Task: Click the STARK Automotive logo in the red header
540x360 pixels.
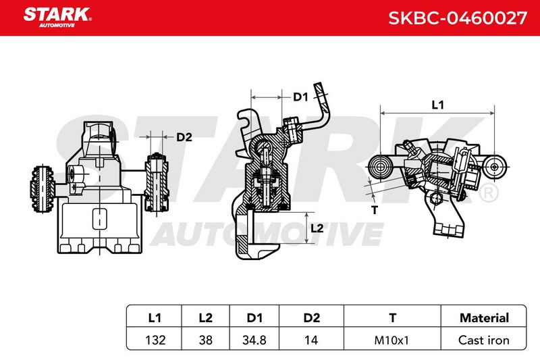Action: tap(57, 18)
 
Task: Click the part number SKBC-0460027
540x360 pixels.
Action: tap(458, 18)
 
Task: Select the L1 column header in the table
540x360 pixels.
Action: tap(155, 317)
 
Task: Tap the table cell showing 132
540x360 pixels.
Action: tap(155, 340)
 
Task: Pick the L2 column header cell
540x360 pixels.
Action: tap(206, 317)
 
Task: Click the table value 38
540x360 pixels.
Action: tap(206, 340)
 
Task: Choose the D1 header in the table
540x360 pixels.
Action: tap(254, 317)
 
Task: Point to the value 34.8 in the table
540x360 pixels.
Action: tap(254, 340)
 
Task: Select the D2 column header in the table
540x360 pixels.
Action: tap(312, 317)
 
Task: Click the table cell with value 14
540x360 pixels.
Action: tap(311, 340)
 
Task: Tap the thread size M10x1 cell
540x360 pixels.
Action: tap(391, 340)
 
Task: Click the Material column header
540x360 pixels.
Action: tap(484, 317)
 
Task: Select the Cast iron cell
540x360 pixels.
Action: tap(484, 340)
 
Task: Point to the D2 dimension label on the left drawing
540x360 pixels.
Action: tap(184, 137)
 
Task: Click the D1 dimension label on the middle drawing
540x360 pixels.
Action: tap(300, 97)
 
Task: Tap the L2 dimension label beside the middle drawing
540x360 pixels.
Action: tap(317, 228)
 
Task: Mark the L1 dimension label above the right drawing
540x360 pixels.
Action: tap(437, 105)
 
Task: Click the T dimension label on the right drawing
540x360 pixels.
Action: tap(375, 210)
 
